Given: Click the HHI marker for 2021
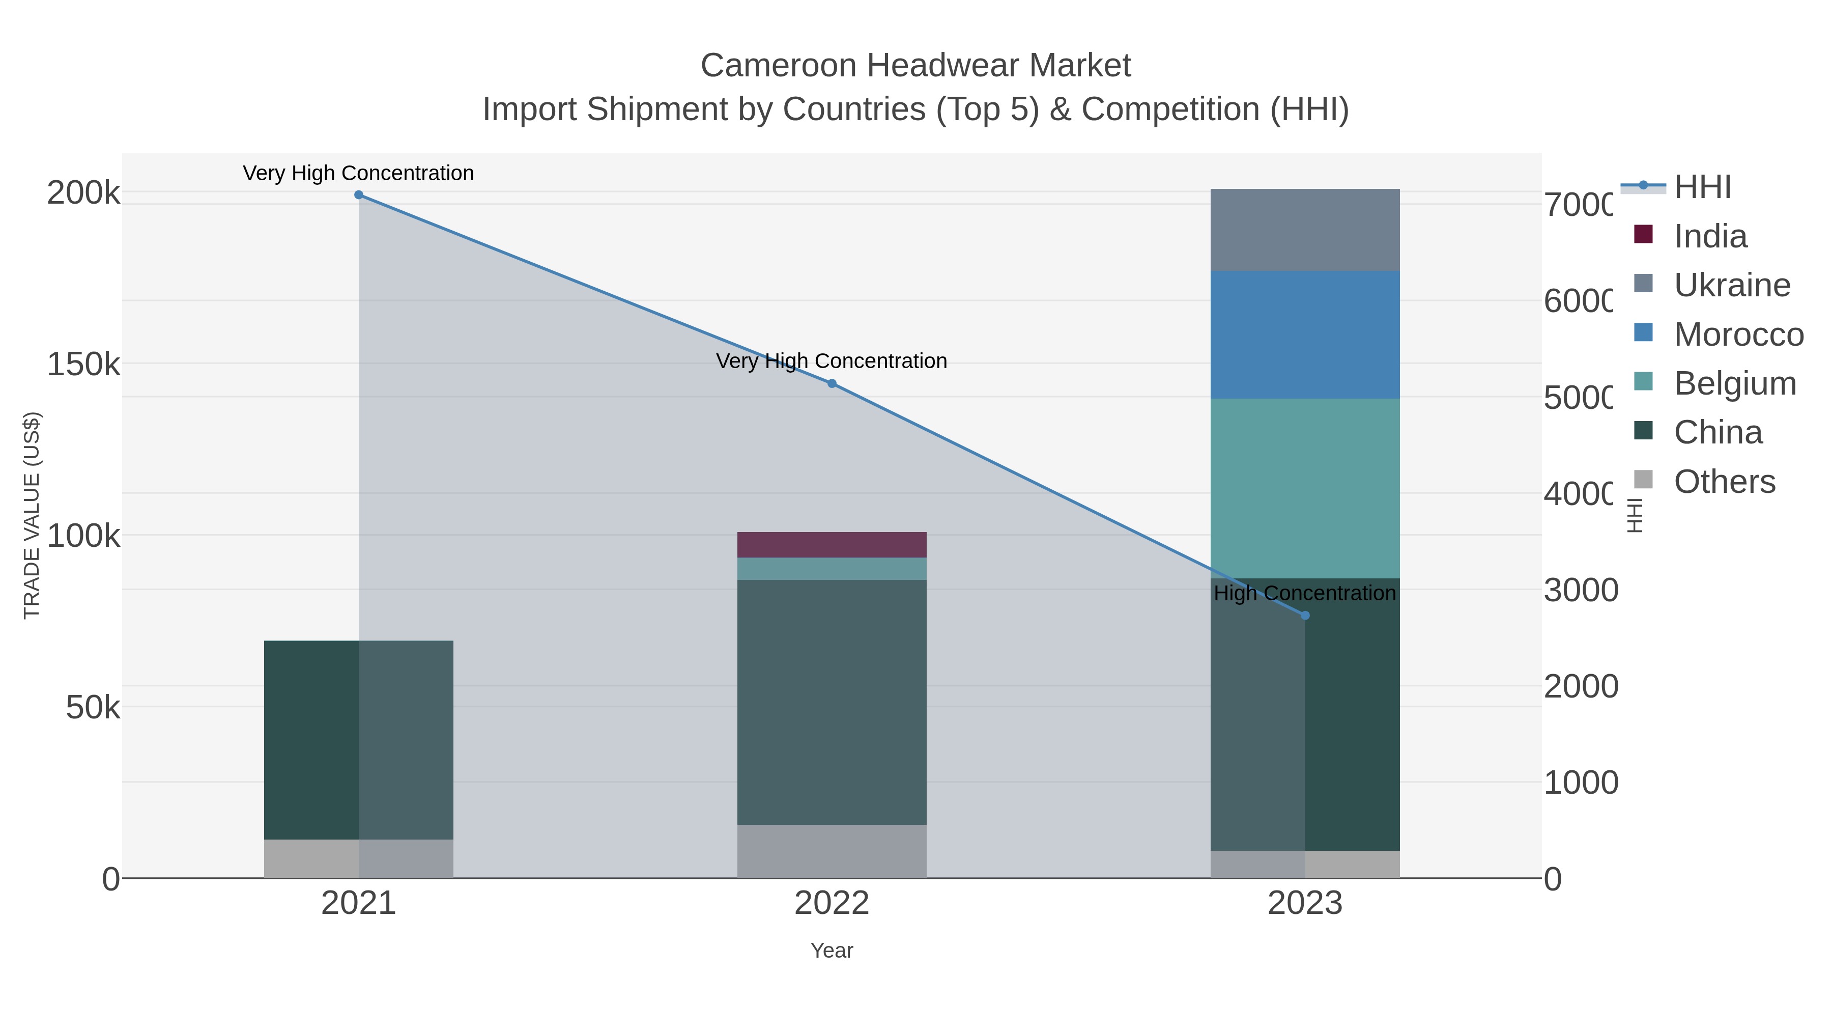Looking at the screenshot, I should [358, 195].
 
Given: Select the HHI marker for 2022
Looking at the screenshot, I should [832, 383].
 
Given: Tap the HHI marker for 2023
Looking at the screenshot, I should [1305, 616].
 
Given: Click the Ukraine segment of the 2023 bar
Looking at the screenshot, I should [1305, 230].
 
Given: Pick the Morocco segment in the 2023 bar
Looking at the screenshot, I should [1305, 335].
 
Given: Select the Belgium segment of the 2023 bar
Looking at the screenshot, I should [1305, 488].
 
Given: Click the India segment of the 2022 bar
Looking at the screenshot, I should [832, 545].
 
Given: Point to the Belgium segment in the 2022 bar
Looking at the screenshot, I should [832, 569].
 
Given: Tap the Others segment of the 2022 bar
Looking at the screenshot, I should [832, 851].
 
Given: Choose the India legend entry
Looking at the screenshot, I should [1710, 236].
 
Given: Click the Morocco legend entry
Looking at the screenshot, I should [1738, 335].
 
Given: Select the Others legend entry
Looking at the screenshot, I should [1724, 482].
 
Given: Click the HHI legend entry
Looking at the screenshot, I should [1702, 187].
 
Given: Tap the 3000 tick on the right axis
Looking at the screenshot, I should [1580, 591].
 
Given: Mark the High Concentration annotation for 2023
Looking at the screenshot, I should [1305, 594].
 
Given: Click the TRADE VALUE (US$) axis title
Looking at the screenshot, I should [32, 515].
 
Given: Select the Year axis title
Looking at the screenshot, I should [832, 951].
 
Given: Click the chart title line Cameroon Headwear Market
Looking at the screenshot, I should [915, 66].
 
